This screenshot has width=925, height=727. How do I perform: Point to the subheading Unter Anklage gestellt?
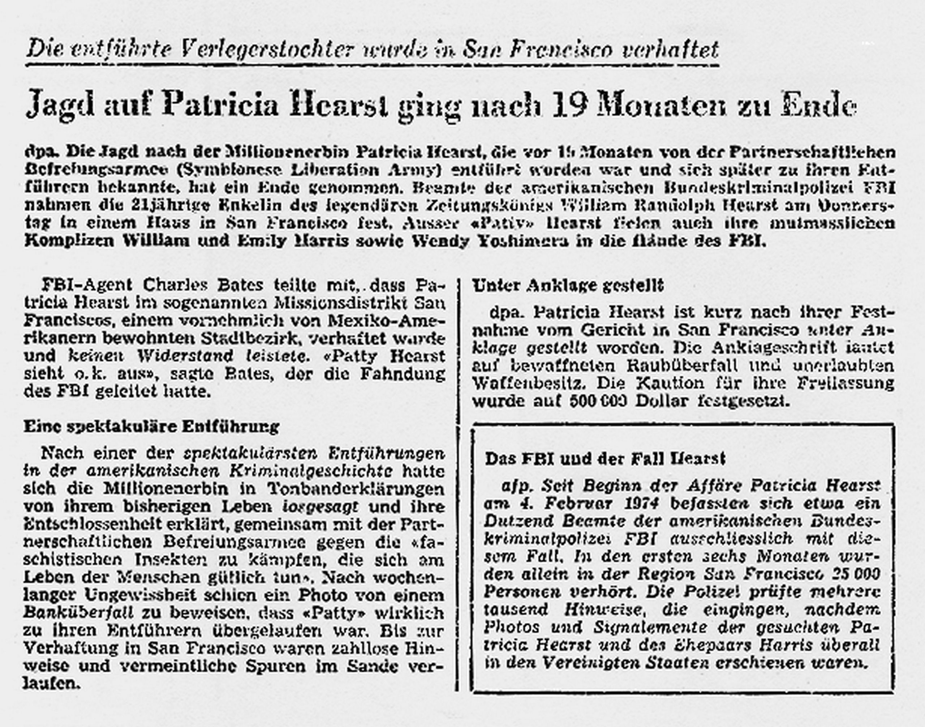tap(568, 286)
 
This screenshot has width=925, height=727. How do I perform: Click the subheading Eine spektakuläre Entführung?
tap(151, 427)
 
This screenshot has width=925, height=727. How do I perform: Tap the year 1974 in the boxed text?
tap(634, 504)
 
